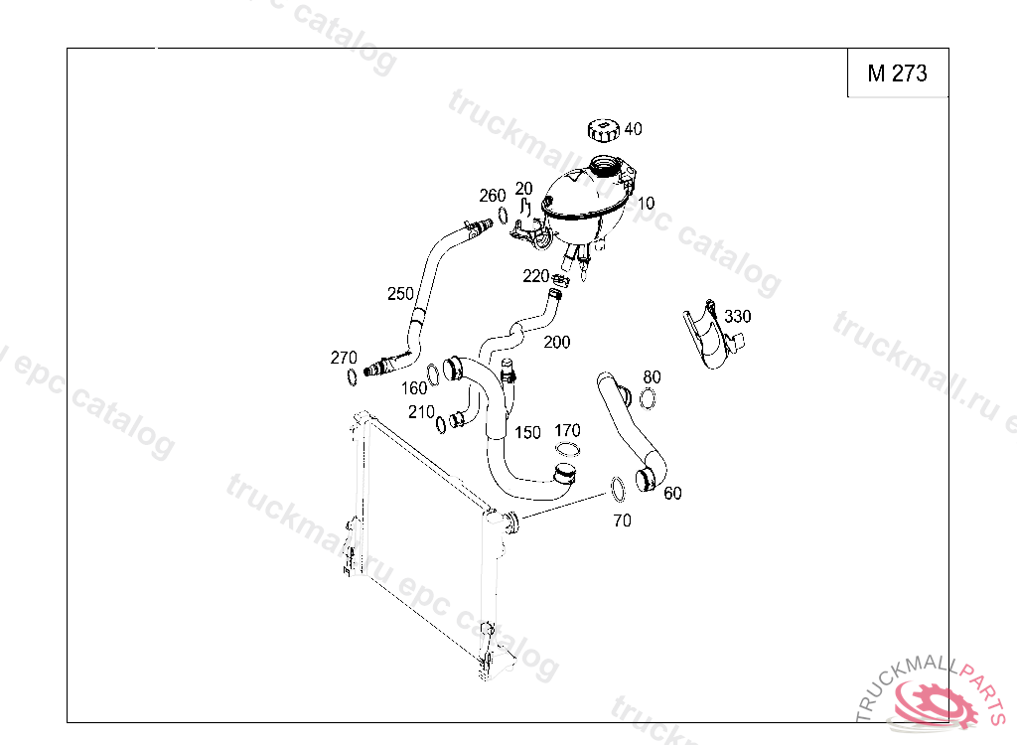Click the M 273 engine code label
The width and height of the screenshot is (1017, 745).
tap(897, 74)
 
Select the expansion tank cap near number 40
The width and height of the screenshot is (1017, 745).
tap(604, 130)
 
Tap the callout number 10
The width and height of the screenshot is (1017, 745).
tap(646, 203)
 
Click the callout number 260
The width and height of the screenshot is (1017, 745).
tap(493, 196)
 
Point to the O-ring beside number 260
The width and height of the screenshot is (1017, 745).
tap(503, 215)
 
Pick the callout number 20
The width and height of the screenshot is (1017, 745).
tap(523, 188)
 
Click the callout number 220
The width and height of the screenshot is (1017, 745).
tap(535, 276)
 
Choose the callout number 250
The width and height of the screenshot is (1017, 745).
tap(400, 294)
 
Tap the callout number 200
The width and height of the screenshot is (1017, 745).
tap(556, 342)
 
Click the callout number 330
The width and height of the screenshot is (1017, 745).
tap(738, 316)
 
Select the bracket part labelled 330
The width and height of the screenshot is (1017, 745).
tap(712, 334)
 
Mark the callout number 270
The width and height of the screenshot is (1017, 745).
tap(344, 358)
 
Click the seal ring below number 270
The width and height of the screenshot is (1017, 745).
tap(352, 377)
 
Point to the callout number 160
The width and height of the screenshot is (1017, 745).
tap(414, 388)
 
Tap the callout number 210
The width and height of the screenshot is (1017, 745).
tap(421, 412)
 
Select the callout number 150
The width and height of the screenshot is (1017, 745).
tap(527, 432)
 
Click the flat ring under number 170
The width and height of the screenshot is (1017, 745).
tap(567, 449)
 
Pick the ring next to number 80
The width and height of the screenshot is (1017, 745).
tap(648, 398)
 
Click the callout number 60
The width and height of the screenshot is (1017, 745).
tap(672, 494)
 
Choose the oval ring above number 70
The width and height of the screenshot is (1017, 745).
tap(618, 490)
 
